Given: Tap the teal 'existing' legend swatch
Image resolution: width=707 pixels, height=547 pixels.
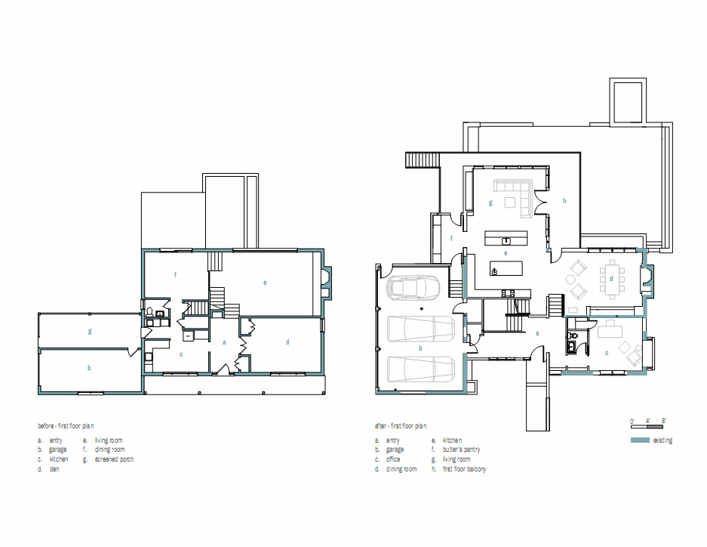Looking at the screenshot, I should (639, 440).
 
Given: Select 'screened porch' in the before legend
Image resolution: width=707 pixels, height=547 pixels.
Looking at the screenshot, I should (114, 459).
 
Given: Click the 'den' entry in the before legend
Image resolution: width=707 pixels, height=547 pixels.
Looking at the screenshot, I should (54, 469).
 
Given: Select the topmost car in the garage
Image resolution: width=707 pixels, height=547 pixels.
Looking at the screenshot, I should (412, 288).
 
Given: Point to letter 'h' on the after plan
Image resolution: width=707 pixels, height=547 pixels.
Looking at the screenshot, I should (564, 201).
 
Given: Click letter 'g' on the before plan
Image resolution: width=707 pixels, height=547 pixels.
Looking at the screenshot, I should (89, 331).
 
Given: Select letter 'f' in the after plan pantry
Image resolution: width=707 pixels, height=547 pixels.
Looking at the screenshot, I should (451, 239).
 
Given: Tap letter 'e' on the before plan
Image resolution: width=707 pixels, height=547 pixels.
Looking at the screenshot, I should (265, 283).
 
